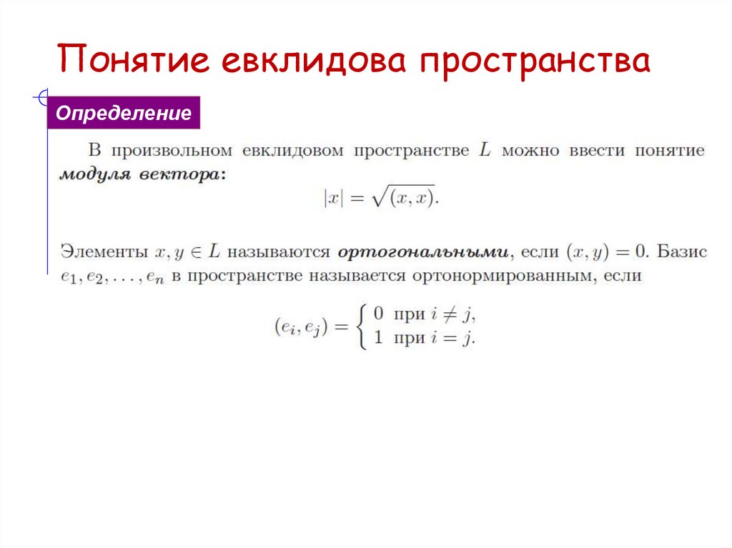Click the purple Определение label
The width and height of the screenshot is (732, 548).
click(x=124, y=114)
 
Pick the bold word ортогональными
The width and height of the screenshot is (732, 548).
click(x=423, y=252)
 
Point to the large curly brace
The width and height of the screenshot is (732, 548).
click(x=360, y=326)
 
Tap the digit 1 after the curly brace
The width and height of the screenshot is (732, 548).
click(x=379, y=339)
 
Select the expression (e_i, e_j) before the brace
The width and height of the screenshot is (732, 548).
click(x=300, y=327)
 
